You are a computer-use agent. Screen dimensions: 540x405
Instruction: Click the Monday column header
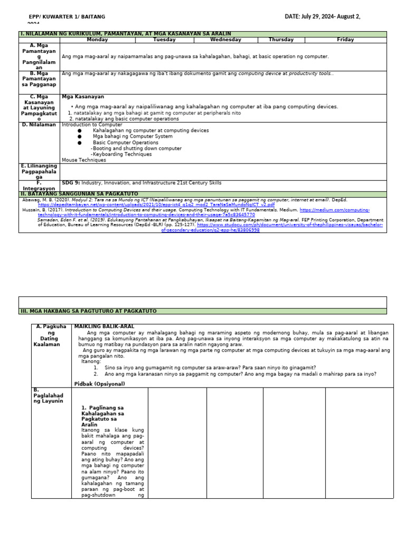tap(97, 40)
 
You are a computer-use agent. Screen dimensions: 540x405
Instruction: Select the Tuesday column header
tap(165, 40)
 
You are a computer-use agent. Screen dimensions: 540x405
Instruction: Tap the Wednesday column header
tap(226, 40)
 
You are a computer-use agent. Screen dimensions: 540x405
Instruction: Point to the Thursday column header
tap(281, 40)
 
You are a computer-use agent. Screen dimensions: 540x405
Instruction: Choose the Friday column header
tap(345, 40)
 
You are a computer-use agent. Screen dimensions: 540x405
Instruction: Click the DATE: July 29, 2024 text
tap(322, 17)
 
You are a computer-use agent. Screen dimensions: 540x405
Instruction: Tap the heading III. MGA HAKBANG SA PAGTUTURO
tap(88, 311)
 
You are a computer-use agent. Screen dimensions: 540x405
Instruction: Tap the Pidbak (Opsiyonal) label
tap(100, 383)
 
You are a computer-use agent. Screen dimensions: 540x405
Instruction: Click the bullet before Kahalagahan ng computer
tap(80, 130)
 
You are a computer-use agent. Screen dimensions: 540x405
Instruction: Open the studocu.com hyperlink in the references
tap(327, 225)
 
